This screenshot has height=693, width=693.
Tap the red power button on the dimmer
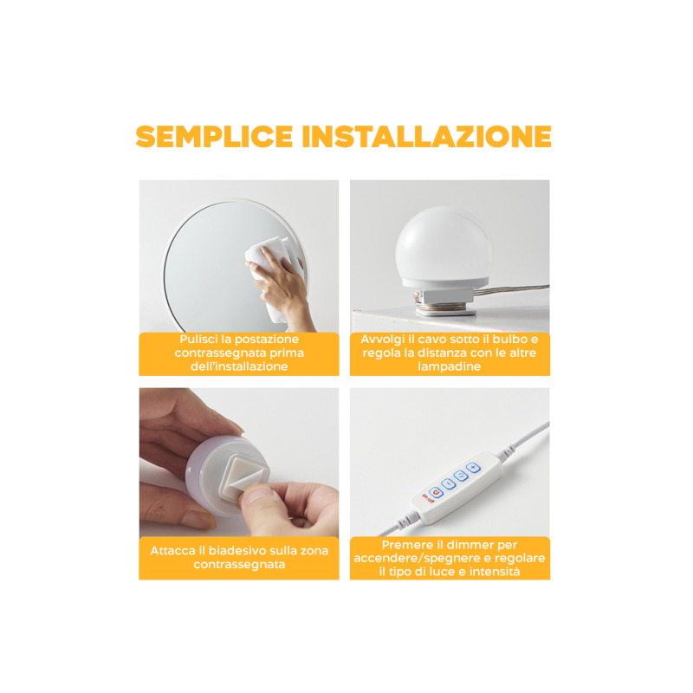point(436,491)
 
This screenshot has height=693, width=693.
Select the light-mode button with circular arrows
point(460,476)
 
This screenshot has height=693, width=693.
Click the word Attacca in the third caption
point(176,549)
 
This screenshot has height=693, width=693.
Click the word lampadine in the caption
point(450,366)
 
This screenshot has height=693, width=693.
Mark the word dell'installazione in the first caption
point(238,366)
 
